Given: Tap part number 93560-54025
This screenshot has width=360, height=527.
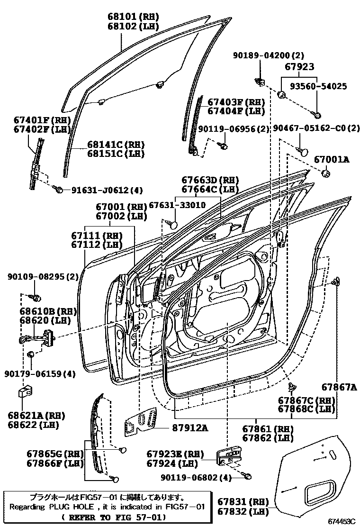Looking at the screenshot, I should [x=318, y=86].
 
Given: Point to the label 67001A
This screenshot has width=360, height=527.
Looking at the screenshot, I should [x=332, y=160].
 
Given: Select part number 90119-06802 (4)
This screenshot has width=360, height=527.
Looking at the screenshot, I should [x=196, y=478].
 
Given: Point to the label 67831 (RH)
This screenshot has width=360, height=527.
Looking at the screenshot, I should [x=243, y=501].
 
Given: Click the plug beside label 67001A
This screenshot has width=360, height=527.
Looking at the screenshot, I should [x=325, y=173].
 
